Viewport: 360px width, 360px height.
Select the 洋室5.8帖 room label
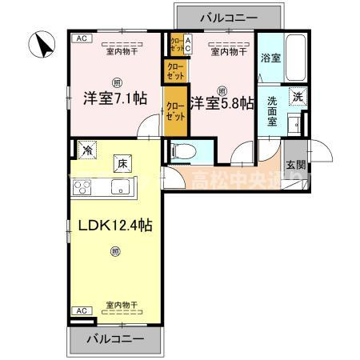tap(222, 102)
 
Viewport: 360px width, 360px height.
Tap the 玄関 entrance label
tap(296, 165)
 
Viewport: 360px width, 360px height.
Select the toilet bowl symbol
tap(181, 150)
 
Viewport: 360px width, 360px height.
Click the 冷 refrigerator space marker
tap(86, 149)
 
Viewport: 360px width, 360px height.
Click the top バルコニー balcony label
tap(227, 17)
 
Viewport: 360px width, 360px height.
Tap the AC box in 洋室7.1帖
tap(82, 38)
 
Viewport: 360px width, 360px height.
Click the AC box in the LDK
tap(82, 310)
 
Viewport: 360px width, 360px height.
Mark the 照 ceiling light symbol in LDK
tap(116, 254)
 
